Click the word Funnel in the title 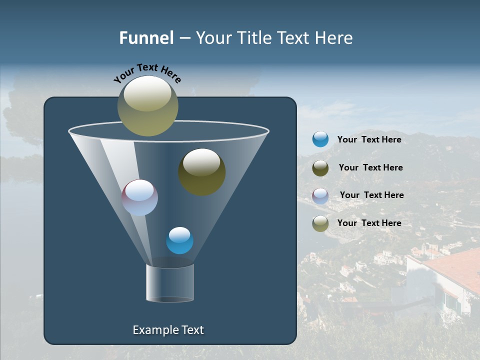pyautogui.click(x=146, y=38)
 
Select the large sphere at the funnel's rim pyautogui.click(x=147, y=106)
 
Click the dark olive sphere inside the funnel pyautogui.click(x=201, y=171)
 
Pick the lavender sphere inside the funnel pyautogui.click(x=139, y=197)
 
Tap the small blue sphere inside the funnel pyautogui.click(x=179, y=240)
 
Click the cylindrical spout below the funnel pyautogui.click(x=169, y=283)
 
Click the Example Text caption pyautogui.click(x=168, y=330)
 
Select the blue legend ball pyautogui.click(x=320, y=139)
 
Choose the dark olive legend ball pyautogui.click(x=320, y=168)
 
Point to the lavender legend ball pyautogui.click(x=320, y=196)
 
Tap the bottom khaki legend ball pyautogui.click(x=320, y=223)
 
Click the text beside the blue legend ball pyautogui.click(x=369, y=140)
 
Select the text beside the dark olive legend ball pyautogui.click(x=370, y=168)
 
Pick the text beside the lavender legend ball pyautogui.click(x=371, y=195)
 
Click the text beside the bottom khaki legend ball pyautogui.click(x=369, y=223)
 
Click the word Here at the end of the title pyautogui.click(x=334, y=38)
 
